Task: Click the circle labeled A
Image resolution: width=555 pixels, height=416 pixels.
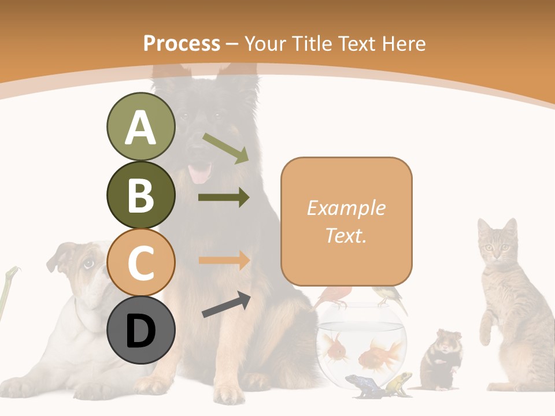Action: point(140,127)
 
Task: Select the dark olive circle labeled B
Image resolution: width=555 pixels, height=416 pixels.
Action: point(140,195)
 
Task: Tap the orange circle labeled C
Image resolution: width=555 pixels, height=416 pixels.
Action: point(140,263)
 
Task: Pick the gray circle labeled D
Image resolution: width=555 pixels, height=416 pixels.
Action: point(140,330)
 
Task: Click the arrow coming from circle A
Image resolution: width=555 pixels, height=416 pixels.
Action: point(225,148)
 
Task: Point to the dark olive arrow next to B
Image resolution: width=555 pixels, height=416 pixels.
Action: point(223,198)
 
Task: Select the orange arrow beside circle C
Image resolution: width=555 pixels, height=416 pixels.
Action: point(223,261)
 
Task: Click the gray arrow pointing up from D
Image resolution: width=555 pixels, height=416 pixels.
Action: point(225,304)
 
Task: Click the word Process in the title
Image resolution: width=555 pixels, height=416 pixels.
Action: point(182,43)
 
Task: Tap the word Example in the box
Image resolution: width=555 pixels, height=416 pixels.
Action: point(346,208)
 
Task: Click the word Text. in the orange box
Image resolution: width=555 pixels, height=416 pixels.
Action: point(346,235)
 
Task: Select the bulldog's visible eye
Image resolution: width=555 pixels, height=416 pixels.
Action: point(88,264)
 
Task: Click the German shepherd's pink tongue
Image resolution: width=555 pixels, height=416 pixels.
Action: point(201,173)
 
